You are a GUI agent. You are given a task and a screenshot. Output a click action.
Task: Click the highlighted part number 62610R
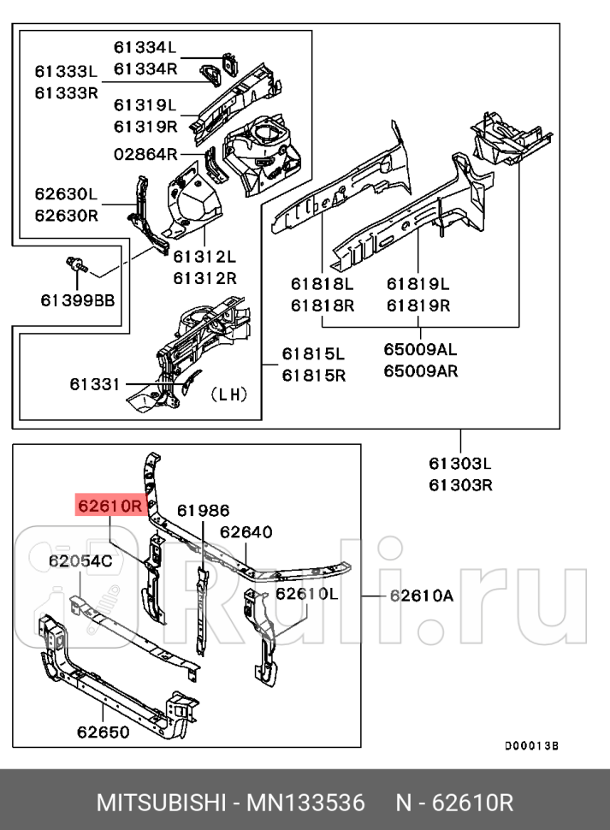tap(111, 506)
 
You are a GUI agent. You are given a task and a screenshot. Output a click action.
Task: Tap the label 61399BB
tap(77, 299)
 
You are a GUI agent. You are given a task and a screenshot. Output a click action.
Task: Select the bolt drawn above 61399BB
tap(75, 263)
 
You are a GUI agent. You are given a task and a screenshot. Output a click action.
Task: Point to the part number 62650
tap(103, 732)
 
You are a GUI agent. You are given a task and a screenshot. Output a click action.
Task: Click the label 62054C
tap(80, 561)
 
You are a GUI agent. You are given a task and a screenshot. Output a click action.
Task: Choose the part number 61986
tap(203, 511)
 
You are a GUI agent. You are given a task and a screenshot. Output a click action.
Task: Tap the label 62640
tap(246, 532)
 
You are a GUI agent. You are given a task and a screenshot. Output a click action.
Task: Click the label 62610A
tap(421, 596)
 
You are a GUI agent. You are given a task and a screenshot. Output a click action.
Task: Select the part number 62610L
tap(307, 593)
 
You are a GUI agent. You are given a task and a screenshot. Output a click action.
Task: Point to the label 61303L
tap(460, 465)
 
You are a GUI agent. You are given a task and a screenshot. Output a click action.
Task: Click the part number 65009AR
tap(420, 371)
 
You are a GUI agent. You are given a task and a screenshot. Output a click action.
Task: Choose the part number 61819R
tap(418, 305)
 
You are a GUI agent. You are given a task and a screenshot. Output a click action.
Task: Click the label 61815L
tap(313, 353)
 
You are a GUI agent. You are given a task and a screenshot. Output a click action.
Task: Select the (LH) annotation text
tap(228, 394)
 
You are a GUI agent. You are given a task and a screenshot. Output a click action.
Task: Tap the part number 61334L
tap(145, 47)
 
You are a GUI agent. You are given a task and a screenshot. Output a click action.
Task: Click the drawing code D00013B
tap(530, 745)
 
